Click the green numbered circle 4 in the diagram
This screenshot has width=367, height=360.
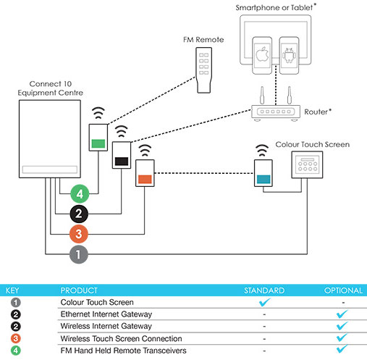coord(80,193)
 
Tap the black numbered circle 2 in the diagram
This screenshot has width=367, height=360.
coord(79,214)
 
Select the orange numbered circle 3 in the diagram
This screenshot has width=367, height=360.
coord(79,234)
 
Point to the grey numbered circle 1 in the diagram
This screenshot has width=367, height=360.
coord(79,254)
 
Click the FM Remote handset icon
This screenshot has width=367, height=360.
coord(204,70)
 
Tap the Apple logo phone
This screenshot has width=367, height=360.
coord(262,55)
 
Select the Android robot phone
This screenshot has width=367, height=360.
coord(289,55)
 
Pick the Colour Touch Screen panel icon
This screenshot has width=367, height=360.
coord(307,165)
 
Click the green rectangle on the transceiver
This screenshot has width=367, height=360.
coord(98,143)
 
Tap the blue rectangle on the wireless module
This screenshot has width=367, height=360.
coord(263,180)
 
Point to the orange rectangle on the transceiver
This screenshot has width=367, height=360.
coord(145,179)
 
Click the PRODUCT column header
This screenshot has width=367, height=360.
coord(79,290)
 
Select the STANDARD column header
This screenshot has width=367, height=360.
coord(264,290)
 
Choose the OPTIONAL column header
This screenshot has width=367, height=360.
coord(343,290)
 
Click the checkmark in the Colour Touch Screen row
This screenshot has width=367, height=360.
coord(265,302)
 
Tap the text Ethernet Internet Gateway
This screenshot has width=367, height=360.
coord(106,314)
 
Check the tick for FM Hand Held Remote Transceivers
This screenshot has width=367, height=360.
coord(342,349)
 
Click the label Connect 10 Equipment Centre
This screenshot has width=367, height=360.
coord(50,88)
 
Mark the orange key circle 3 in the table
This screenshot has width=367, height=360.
coord(16,338)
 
